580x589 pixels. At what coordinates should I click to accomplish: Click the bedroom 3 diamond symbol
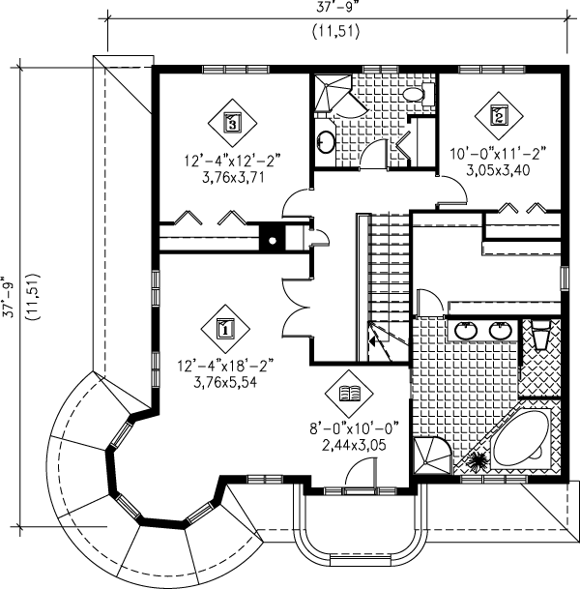click(x=232, y=123)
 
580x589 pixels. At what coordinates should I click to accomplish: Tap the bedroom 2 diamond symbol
click(x=499, y=116)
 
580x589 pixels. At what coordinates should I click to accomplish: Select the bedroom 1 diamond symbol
click(x=225, y=329)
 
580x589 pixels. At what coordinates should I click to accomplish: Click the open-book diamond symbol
click(x=349, y=394)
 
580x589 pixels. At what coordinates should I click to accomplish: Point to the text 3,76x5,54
click(x=225, y=382)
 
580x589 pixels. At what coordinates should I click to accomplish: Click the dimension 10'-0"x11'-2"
click(x=498, y=154)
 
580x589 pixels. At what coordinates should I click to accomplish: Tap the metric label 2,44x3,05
click(x=354, y=445)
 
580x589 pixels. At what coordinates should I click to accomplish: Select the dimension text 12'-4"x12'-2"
click(x=232, y=161)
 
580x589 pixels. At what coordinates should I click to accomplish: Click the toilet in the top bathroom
click(x=418, y=94)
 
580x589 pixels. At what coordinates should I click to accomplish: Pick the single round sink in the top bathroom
click(x=325, y=141)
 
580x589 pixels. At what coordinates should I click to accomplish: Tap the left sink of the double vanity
click(x=466, y=331)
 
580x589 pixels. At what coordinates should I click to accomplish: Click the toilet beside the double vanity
click(x=539, y=334)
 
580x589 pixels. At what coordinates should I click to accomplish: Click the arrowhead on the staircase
click(x=373, y=341)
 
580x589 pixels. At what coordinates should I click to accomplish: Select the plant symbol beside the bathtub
click(x=476, y=459)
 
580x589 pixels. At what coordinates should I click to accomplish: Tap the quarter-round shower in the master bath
click(x=432, y=456)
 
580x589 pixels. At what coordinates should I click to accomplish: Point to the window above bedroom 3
click(x=236, y=69)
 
